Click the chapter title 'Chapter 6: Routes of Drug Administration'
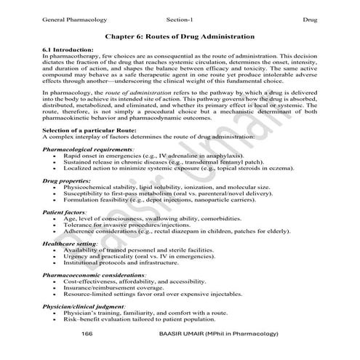pos(180,36)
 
